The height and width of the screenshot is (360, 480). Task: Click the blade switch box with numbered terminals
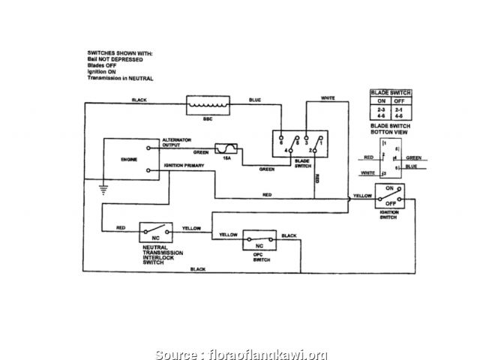tap(299, 142)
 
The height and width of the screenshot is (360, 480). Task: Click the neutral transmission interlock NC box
tap(157, 232)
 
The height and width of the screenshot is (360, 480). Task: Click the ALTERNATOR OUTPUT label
tap(178, 142)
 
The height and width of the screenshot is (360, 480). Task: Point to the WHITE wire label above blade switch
tap(328, 98)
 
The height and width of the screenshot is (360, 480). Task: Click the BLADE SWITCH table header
tap(389, 93)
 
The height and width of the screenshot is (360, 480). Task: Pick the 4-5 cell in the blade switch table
tap(400, 116)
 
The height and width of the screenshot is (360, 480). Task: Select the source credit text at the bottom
tap(240, 333)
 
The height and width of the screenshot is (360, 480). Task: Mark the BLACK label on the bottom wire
tap(198, 268)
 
